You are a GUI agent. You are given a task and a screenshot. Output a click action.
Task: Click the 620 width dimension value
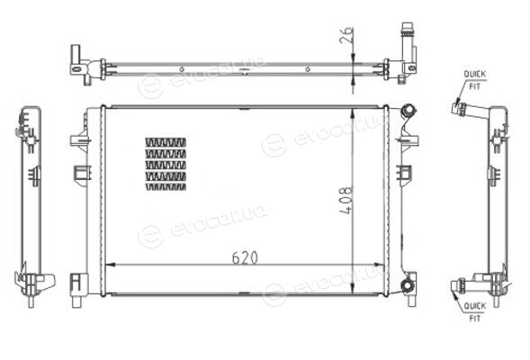(x=245, y=257)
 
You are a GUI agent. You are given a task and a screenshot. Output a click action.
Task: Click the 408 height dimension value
(x=346, y=200)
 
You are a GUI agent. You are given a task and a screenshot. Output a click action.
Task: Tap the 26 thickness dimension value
(x=346, y=35)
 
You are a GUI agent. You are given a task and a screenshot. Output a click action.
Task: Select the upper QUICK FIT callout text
(x=474, y=80)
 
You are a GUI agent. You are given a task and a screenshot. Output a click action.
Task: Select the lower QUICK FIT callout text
(x=475, y=312)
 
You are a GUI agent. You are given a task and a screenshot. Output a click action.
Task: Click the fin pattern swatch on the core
(x=166, y=165)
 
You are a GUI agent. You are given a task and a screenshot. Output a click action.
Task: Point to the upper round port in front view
(x=408, y=111)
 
